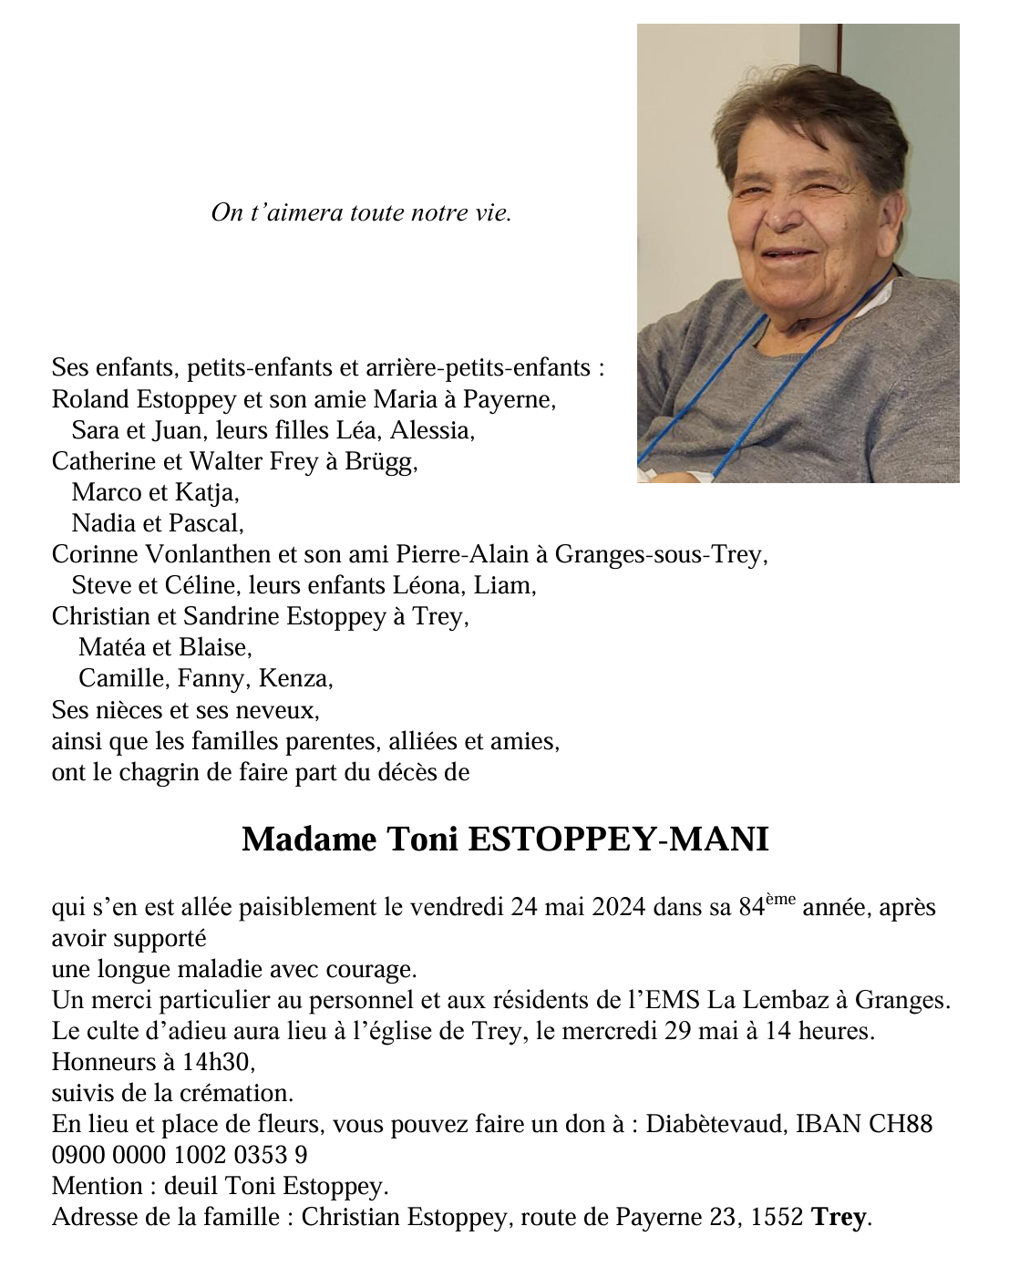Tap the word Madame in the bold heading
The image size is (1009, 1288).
tap(308, 839)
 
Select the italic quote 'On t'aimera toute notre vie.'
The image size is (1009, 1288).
tap(361, 213)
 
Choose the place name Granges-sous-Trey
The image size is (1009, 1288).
tap(660, 554)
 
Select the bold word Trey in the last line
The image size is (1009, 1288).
tap(839, 1217)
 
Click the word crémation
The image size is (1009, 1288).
tap(238, 1093)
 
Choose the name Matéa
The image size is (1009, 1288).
tap(113, 647)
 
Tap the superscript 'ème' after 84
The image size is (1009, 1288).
tap(779, 900)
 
